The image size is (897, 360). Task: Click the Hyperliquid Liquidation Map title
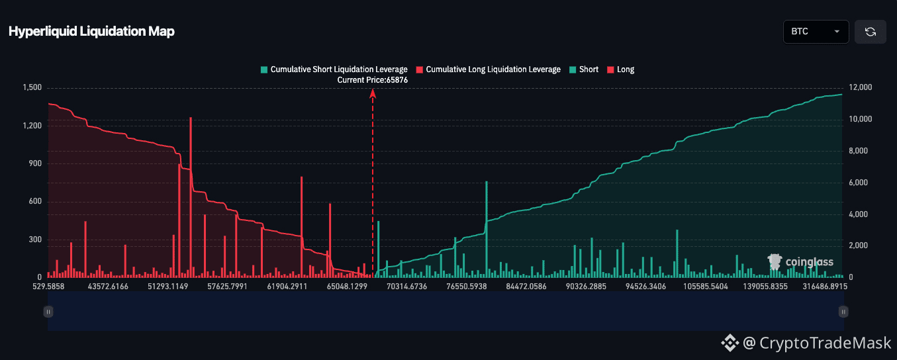pos(91,31)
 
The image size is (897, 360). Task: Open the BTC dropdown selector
pos(816,32)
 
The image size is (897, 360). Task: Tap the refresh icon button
pos(870,32)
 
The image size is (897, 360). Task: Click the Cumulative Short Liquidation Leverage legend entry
pos(334,69)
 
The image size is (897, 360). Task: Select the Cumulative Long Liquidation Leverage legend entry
pos(488,69)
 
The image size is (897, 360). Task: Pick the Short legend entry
pos(584,69)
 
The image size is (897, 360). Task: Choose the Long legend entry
pos(621,69)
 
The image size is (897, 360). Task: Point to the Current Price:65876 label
pos(373,79)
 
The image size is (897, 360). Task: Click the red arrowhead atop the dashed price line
pos(373,93)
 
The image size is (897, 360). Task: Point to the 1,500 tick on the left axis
pos(32,87)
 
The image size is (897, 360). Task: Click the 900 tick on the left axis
pos(35,163)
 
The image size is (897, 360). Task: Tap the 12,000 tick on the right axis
pos(860,87)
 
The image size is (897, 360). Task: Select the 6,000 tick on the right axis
pos(858,182)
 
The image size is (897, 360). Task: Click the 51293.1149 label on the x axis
pos(167,287)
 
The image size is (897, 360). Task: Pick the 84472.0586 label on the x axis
pos(526,287)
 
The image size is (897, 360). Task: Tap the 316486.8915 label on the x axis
pos(825,287)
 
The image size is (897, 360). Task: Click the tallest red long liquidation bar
pos(191,197)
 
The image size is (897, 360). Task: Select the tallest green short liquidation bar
pos(487,229)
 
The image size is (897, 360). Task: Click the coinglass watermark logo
pos(800,262)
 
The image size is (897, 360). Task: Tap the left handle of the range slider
pos(48,312)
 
